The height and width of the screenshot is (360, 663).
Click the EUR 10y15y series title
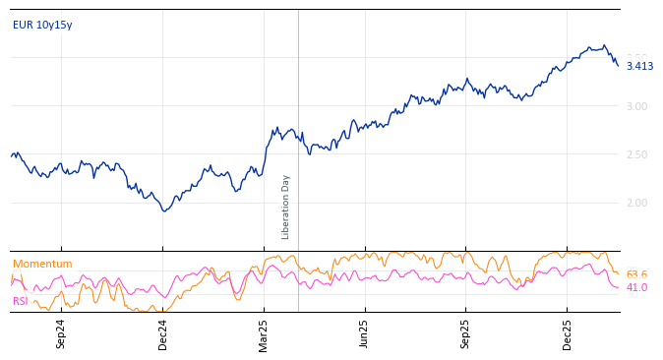click(42, 25)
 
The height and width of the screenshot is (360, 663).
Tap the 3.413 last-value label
click(639, 66)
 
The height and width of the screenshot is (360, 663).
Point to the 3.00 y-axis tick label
click(637, 106)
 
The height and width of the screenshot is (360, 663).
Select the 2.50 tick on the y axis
click(637, 154)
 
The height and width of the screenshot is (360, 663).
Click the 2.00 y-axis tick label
click(637, 203)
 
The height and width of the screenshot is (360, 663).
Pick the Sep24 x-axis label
click(61, 333)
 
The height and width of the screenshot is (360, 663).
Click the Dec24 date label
click(163, 333)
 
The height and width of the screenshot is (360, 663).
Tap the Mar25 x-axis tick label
click(264, 333)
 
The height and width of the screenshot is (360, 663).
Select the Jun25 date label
click(364, 333)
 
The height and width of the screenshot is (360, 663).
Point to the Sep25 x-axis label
click(466, 333)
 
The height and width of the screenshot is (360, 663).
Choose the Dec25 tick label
click(568, 333)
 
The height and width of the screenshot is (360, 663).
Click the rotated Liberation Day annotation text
click(286, 207)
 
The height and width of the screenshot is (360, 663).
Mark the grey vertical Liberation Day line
click(298, 118)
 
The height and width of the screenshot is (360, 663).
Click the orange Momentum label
click(42, 264)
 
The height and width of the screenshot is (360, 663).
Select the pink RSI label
click(20, 301)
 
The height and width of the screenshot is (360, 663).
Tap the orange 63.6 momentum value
click(636, 274)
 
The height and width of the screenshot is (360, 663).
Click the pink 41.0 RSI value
click(636, 287)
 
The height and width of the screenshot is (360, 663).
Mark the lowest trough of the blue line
click(164, 210)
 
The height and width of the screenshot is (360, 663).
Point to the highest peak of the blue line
click(604, 45)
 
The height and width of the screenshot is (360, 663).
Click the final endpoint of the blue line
click(618, 66)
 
